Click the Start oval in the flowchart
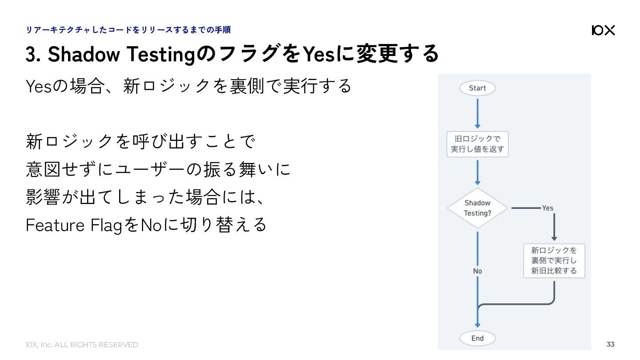coord(477,88)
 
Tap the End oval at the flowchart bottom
coord(477,338)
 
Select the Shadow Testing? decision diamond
coord(477,208)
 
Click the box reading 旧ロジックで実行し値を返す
coord(477,144)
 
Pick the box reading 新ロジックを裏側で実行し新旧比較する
coord(554,260)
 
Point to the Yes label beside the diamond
coord(548,208)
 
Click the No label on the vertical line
coord(477,271)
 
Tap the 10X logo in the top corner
coord(603,30)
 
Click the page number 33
coord(610,344)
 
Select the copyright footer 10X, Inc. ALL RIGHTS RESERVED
coord(82,344)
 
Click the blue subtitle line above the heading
coord(128,30)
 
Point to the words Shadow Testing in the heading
coord(121,54)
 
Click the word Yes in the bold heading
coord(319,54)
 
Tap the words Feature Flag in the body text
coord(74,225)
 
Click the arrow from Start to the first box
coord(477,114)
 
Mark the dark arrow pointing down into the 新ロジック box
coord(554,227)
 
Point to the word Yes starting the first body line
coord(39,86)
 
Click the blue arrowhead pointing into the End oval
coord(477,326)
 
